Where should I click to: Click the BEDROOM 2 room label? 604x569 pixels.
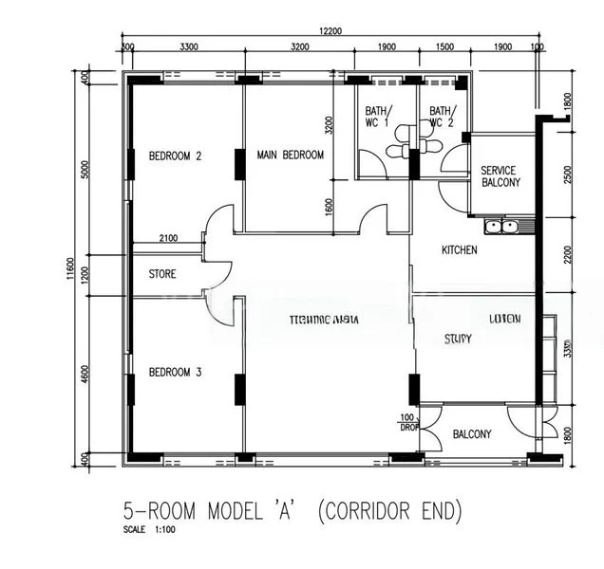[x=176, y=156]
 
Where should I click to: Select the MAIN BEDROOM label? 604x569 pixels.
[x=291, y=156]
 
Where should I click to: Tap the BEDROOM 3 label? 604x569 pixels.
[x=176, y=373]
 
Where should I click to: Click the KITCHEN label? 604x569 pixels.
[x=460, y=250]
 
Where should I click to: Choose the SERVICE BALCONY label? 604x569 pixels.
[x=500, y=176]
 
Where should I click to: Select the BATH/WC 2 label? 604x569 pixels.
[x=442, y=116]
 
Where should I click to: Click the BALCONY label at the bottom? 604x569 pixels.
[x=472, y=434]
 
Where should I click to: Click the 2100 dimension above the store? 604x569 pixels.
[x=168, y=238]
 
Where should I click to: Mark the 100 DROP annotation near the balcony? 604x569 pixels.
[x=408, y=423]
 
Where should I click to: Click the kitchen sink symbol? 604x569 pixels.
[x=500, y=226]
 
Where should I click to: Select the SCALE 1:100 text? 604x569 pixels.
[x=149, y=530]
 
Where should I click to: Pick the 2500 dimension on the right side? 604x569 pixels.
[x=567, y=174]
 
